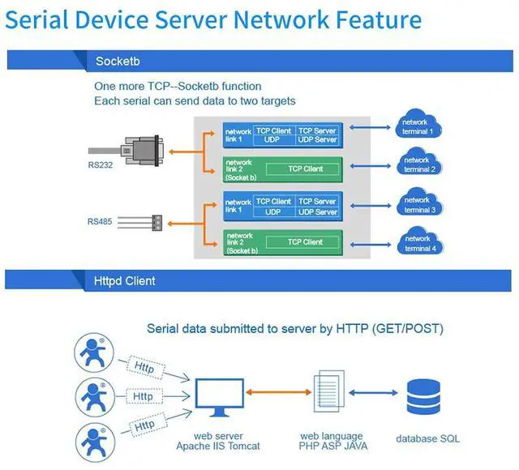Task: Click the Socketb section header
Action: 120,62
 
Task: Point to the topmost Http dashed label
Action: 144,367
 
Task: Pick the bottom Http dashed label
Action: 144,425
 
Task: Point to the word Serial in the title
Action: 47,20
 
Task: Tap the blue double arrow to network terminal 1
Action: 371,126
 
